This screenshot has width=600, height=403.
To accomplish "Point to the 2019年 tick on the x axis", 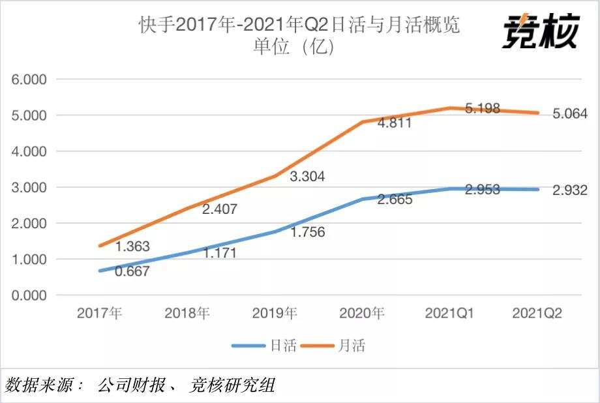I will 275,313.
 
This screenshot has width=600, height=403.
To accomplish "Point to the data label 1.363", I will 133,246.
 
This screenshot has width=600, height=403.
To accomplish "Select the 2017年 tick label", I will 100,313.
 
